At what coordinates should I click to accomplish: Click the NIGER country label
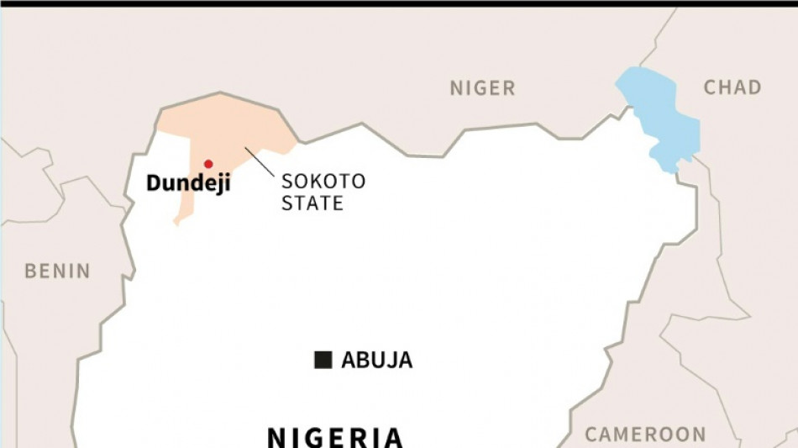[482, 87]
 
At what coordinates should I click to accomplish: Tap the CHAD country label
[732, 87]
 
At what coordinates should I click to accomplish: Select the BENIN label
[57, 271]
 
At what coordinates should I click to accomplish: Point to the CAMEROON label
[645, 435]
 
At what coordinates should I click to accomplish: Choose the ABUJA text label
[376, 361]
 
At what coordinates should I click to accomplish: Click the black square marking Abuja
[323, 360]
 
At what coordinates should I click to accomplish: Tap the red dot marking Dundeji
[208, 164]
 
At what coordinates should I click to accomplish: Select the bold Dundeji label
[188, 184]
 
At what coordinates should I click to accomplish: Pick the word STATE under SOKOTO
[312, 203]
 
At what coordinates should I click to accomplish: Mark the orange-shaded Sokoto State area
[227, 126]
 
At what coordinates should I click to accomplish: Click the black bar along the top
[399, 3]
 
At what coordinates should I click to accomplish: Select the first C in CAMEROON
[592, 435]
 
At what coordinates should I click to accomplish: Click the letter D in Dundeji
[154, 184]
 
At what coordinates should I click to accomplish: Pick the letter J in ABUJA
[391, 361]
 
